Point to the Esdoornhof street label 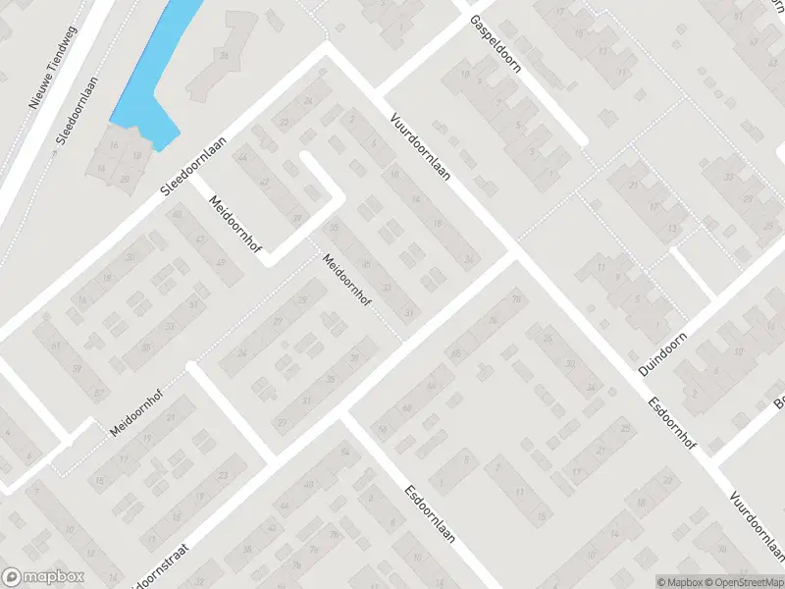click(671, 423)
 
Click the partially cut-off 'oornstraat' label click(158, 568)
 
